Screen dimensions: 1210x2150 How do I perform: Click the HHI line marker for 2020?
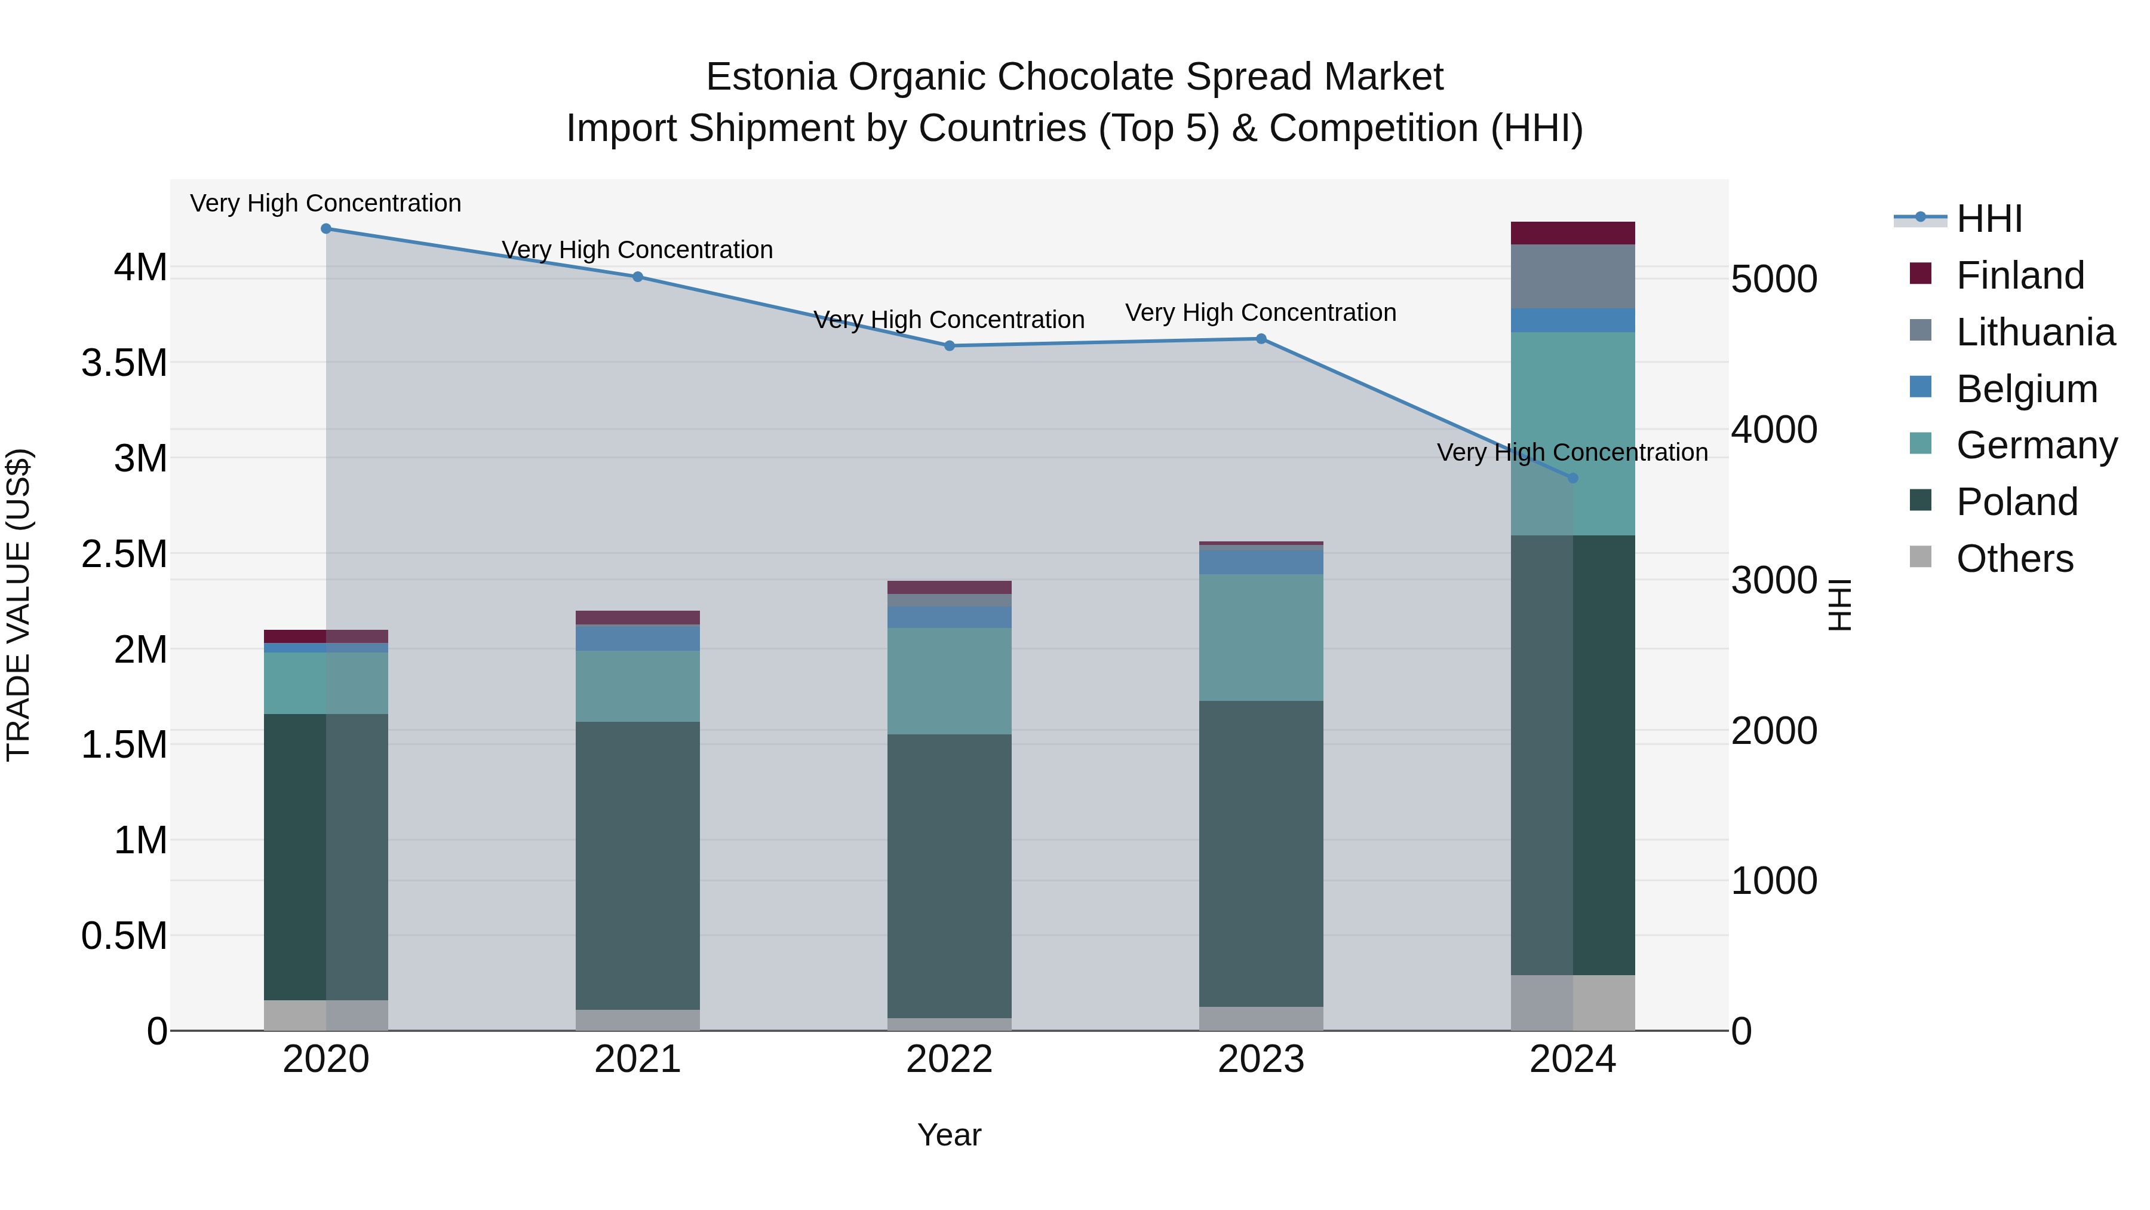coord(326,229)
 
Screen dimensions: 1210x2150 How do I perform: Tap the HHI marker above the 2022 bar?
coord(949,346)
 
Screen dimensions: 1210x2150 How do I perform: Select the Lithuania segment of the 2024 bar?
coord(1572,277)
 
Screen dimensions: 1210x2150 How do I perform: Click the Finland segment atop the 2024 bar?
coord(1572,233)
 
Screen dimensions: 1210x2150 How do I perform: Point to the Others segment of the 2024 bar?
coord(1572,1002)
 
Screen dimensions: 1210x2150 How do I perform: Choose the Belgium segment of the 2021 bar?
coord(638,638)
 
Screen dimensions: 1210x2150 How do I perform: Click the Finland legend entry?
coord(2020,275)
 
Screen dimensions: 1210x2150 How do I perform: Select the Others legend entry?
coord(2014,559)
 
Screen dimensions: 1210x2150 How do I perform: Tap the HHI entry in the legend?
coord(1989,219)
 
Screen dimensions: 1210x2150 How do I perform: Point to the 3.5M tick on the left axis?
coord(124,363)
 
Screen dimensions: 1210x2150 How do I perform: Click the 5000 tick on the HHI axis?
coord(1774,279)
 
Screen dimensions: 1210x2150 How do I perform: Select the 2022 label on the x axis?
coord(949,1059)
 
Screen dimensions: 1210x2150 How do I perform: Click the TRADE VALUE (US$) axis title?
coord(19,605)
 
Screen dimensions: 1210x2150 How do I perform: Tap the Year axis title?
coord(949,1135)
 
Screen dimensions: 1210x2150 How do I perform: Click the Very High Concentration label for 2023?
coord(1260,313)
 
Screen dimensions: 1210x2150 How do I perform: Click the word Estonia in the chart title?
coord(770,77)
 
